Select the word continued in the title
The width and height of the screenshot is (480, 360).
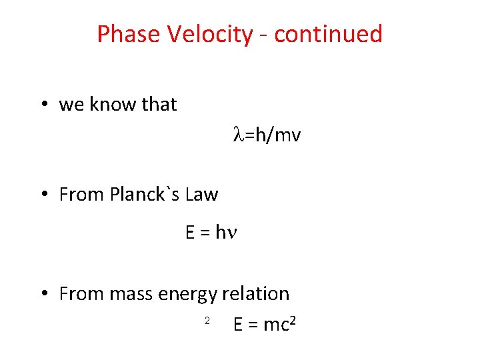coord(328,33)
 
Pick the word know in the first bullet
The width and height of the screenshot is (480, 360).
coord(109,105)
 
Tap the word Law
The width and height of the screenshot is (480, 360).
coord(201,195)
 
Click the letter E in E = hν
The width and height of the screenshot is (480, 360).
coord(190,233)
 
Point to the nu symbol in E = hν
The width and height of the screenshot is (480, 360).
coord(233,233)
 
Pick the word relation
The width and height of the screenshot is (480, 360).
coord(256,294)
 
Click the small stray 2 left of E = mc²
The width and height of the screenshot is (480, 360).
coord(207,321)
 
